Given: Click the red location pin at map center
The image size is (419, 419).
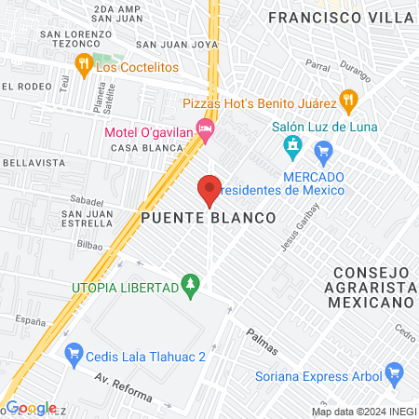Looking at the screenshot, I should pyautogui.click(x=209, y=189).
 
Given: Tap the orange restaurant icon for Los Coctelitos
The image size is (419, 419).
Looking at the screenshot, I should pyautogui.click(x=83, y=64).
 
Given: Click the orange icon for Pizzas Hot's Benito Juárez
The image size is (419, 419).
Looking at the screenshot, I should pyautogui.click(x=347, y=98).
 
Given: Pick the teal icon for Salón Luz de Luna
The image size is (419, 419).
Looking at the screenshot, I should pyautogui.click(x=292, y=146).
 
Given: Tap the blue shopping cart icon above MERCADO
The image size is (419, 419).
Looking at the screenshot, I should pyautogui.click(x=324, y=150).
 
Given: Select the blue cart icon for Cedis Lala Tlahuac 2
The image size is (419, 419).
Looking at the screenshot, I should pyautogui.click(x=74, y=355).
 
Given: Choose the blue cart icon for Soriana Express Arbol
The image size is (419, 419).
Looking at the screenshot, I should pyautogui.click(x=396, y=375).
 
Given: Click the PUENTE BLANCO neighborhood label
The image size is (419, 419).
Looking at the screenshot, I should pyautogui.click(x=209, y=217).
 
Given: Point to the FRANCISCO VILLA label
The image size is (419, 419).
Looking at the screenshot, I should pyautogui.click(x=339, y=17).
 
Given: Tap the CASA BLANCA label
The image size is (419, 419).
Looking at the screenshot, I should pyautogui.click(x=137, y=148).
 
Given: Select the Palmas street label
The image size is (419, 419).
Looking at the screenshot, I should pyautogui.click(x=262, y=342).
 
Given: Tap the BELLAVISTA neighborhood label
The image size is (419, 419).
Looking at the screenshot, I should pyautogui.click(x=26, y=162).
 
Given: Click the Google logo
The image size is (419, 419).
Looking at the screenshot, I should pyautogui.click(x=31, y=408).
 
